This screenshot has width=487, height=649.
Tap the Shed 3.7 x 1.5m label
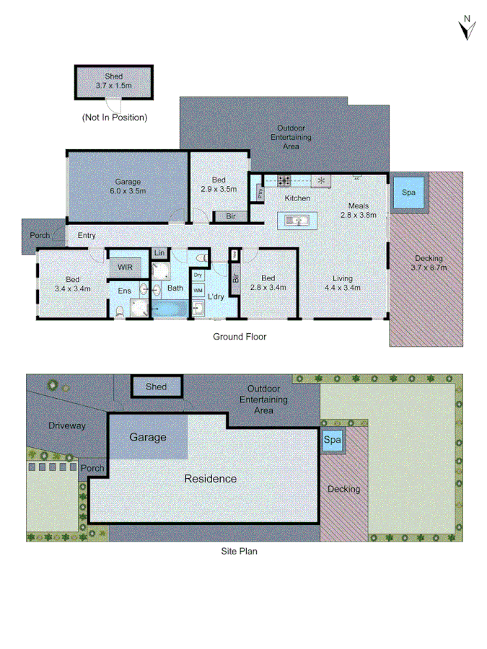(x=113, y=80)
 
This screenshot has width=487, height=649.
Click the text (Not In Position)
(x=115, y=117)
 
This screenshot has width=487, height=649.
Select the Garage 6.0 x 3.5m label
(x=127, y=186)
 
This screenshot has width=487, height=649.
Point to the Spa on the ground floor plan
(x=408, y=194)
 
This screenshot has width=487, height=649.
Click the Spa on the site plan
(x=332, y=440)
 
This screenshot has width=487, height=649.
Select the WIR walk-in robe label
(x=126, y=267)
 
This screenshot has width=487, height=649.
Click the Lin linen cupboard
(x=159, y=253)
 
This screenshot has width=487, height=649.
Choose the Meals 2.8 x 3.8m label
(x=359, y=210)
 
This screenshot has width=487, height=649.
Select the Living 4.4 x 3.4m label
(x=342, y=283)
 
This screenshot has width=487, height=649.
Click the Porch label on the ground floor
(x=39, y=236)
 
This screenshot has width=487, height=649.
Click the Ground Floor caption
(x=239, y=336)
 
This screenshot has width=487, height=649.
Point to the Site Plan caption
(x=239, y=551)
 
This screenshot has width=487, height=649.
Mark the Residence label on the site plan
(x=210, y=478)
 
